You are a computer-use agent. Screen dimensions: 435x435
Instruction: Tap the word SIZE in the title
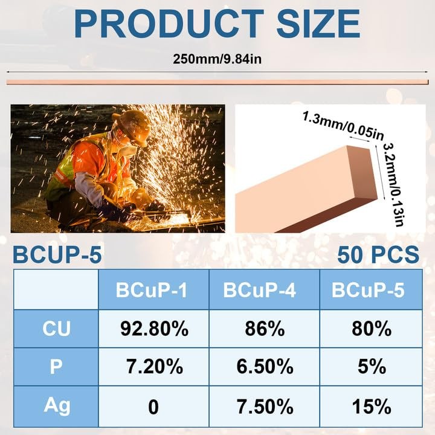tap(318, 24)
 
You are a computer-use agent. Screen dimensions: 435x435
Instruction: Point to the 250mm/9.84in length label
tap(217, 59)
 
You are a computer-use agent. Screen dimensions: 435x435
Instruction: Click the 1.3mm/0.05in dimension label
tap(343, 126)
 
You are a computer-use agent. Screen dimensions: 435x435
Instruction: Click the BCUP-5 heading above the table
tap(57, 254)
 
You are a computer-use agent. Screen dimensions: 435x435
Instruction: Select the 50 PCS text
tap(378, 254)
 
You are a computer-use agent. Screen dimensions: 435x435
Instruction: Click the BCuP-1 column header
tap(152, 290)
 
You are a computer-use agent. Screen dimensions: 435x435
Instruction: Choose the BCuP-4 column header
tap(260, 290)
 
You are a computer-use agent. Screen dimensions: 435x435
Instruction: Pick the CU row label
tap(56, 329)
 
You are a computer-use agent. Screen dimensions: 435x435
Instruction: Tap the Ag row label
tap(57, 406)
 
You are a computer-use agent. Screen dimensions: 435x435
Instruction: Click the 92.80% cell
tap(155, 329)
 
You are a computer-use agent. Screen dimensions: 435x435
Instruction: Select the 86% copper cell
tap(265, 329)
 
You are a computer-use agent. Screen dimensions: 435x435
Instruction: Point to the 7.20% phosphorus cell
tap(155, 366)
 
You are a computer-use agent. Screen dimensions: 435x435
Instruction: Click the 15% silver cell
tap(372, 407)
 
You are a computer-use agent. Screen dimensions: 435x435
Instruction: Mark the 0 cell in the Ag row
tap(153, 407)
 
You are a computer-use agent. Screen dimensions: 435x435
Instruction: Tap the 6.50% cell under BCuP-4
tap(265, 366)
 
